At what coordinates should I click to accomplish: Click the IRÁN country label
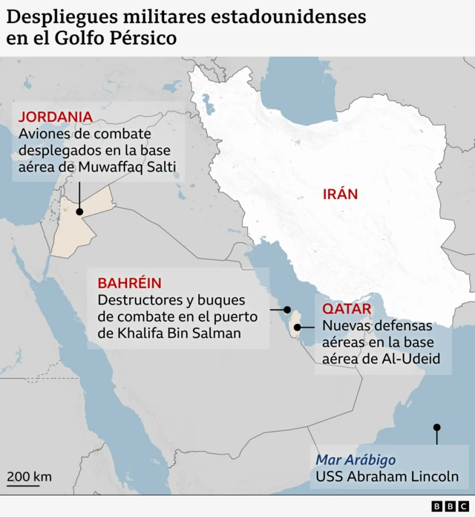point(340,195)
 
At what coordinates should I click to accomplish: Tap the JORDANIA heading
point(56,117)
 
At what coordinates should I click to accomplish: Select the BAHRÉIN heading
point(129,283)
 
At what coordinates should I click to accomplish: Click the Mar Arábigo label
point(356,459)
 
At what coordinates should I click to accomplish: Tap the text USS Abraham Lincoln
point(387,477)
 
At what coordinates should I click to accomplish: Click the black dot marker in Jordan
point(79,212)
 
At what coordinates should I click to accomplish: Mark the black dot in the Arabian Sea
point(437,427)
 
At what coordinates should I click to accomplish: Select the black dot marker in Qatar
point(298,326)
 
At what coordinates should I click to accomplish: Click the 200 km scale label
point(30,476)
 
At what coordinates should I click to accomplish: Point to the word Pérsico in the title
point(141,39)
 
